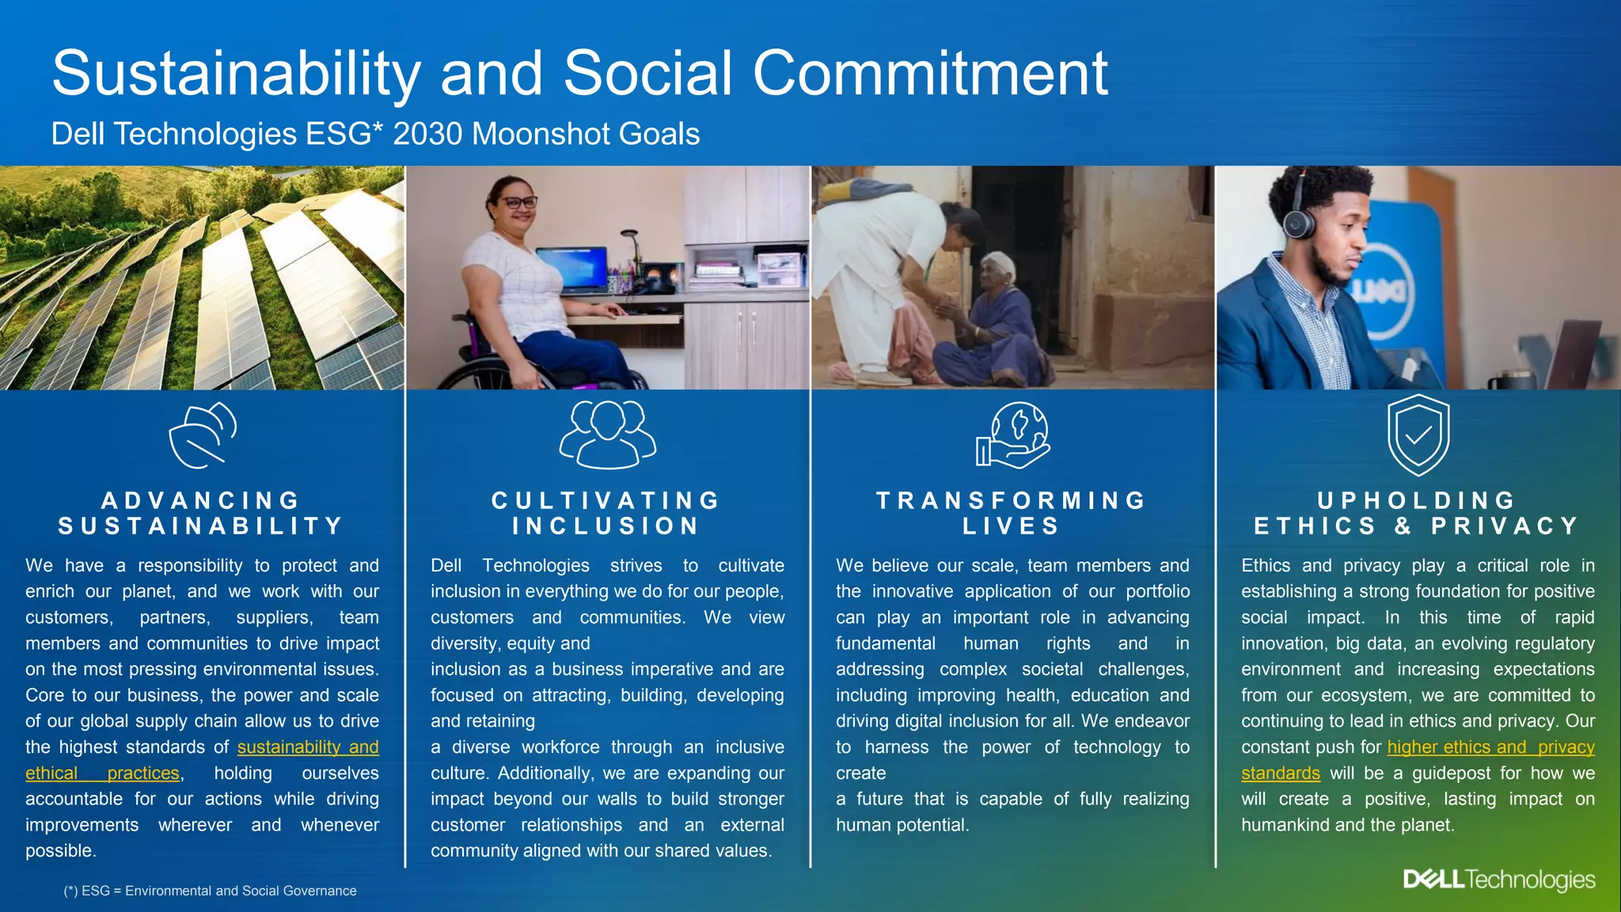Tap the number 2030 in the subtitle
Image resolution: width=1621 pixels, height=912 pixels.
[x=427, y=134]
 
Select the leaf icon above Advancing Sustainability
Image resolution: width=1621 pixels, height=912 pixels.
[x=203, y=435]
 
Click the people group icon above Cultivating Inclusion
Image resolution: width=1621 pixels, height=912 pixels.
[x=607, y=435]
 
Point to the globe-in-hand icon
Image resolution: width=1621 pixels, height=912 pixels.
[x=1012, y=435]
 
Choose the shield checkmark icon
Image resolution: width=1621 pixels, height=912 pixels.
[x=1418, y=435]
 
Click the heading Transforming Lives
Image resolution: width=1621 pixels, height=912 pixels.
[x=1012, y=513]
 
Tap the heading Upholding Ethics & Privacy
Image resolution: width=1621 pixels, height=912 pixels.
[x=1417, y=513]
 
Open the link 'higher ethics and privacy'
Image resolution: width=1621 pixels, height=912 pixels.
[x=1490, y=747]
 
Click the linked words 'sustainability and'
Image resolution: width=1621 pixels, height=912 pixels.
[x=308, y=747]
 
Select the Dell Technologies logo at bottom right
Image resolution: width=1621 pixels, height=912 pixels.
[x=1498, y=880]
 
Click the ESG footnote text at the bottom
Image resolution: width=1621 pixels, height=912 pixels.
[x=210, y=891]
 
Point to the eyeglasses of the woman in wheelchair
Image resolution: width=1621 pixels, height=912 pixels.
[x=518, y=203]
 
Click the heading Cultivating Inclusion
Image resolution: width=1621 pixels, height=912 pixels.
[x=606, y=513]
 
